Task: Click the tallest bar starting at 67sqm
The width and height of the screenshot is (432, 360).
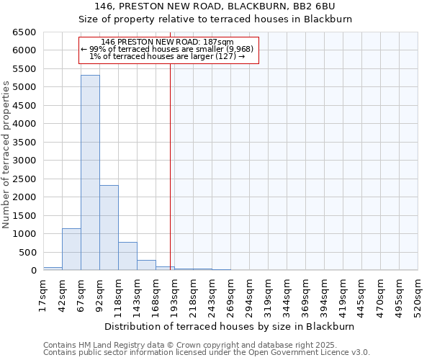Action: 90,173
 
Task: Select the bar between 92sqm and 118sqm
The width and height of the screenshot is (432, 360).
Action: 109,228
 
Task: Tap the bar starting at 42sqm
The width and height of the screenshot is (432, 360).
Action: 71,249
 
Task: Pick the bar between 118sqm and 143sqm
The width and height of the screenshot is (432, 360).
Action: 127,256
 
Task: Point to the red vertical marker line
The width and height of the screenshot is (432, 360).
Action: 170,166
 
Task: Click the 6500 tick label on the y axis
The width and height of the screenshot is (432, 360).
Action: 24,32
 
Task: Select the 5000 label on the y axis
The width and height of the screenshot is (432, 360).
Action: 24,87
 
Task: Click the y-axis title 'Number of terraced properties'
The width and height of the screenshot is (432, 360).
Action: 6,155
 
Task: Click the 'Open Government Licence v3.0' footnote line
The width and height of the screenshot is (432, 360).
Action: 207,353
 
